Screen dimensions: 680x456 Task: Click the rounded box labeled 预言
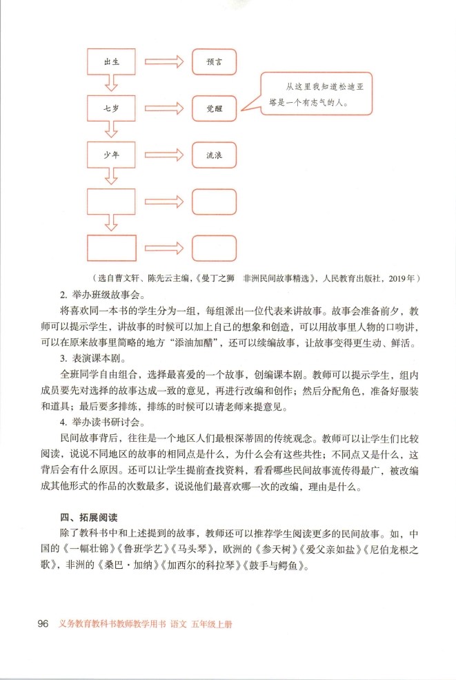click(214, 62)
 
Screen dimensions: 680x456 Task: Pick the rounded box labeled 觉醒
click(214, 109)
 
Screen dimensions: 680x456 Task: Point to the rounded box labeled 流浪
click(214, 155)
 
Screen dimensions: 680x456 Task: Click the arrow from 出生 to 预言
click(163, 62)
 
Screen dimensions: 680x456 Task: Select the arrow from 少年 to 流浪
click(163, 155)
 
